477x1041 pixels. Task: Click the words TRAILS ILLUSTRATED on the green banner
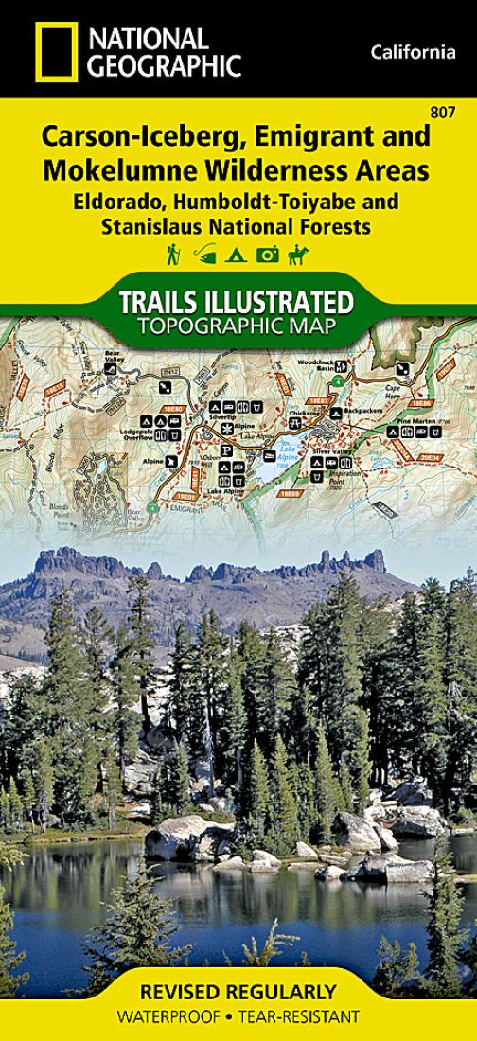coord(236,302)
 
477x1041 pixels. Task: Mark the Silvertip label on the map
coord(222,415)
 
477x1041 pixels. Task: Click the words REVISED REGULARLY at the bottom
coord(237,993)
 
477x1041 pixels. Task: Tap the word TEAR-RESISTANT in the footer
coord(311,1017)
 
